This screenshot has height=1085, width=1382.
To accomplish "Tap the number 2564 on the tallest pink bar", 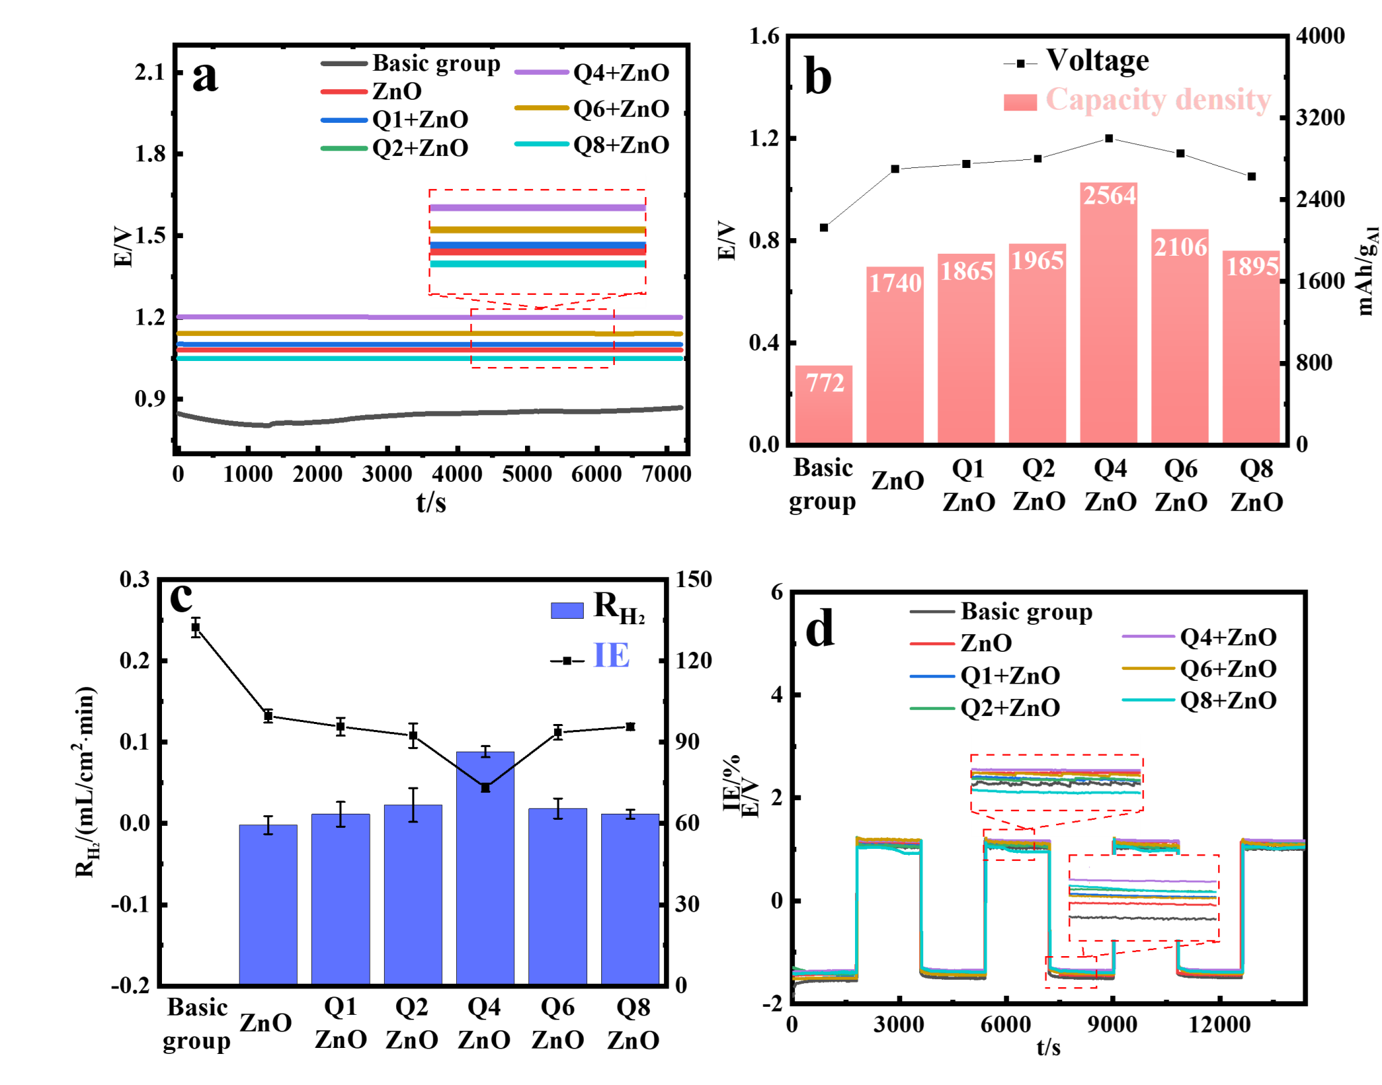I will pyautogui.click(x=1109, y=196).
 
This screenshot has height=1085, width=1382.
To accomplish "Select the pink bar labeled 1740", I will pyautogui.click(x=895, y=364).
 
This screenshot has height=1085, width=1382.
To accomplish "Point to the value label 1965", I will pyautogui.click(x=1037, y=260).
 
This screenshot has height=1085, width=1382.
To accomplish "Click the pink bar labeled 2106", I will pyautogui.click(x=1180, y=351).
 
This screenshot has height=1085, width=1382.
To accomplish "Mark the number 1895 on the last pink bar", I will pyautogui.click(x=1252, y=267).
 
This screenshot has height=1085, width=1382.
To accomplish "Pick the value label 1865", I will pyautogui.click(x=966, y=271).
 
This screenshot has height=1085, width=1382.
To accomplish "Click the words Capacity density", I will pyautogui.click(x=1158, y=100).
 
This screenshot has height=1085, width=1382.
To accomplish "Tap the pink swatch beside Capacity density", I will pyautogui.click(x=1020, y=102).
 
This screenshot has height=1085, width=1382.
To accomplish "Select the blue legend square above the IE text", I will pyautogui.click(x=567, y=611).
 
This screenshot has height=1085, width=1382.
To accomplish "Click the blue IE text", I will pyautogui.click(x=611, y=655).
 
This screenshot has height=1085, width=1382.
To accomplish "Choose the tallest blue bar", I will pyautogui.click(x=485, y=877).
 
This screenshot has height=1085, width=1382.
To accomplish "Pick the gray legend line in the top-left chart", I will pyautogui.click(x=344, y=64).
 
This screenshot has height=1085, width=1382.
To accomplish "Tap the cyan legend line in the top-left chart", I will pyautogui.click(x=542, y=144).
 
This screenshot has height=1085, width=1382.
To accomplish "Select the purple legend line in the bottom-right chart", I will pyautogui.click(x=1149, y=636).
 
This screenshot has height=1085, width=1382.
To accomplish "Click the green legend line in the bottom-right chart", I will pyautogui.click(x=933, y=708).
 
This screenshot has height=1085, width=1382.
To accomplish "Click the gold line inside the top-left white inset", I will pyautogui.click(x=538, y=230).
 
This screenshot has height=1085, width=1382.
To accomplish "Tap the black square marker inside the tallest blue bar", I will pyautogui.click(x=485, y=787).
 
